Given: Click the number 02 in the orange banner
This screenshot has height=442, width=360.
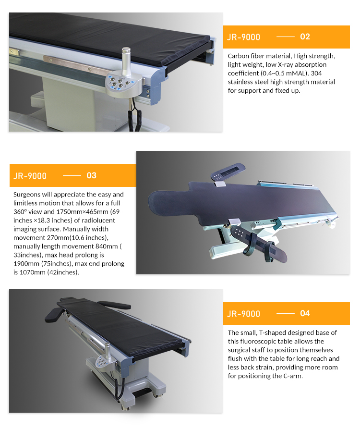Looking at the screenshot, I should point(305,37).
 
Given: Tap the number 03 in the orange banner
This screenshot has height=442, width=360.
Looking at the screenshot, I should point(91,175).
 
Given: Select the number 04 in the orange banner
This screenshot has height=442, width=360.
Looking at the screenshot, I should point(305,313).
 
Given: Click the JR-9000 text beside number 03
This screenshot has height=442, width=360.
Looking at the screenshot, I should point(30,176).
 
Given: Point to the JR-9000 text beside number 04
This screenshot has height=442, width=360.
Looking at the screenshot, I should point(244,314).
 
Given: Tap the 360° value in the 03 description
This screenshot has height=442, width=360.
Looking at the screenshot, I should point(20,212).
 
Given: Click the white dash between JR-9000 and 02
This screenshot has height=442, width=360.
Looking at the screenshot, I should point(285,37).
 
